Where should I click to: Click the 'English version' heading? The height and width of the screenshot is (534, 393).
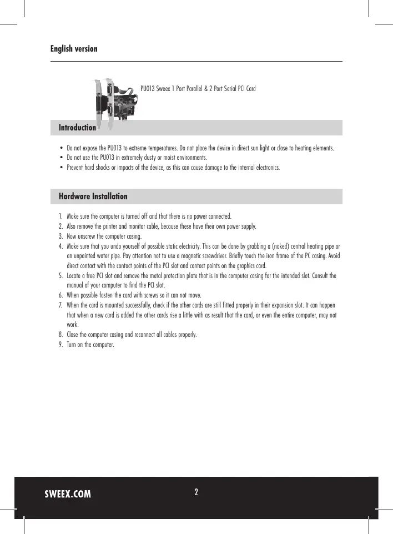[74, 49]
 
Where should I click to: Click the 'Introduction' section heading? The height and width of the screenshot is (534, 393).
[77, 128]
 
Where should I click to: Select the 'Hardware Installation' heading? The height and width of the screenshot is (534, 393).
[93, 197]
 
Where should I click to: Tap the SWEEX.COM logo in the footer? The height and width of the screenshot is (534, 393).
[68, 495]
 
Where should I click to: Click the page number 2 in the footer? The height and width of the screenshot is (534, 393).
[196, 492]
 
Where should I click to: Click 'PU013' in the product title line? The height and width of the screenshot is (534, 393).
[147, 88]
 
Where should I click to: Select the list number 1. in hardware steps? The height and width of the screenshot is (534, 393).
[60, 216]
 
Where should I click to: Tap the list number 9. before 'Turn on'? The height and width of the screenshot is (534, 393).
[60, 345]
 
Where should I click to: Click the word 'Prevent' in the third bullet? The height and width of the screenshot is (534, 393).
[75, 167]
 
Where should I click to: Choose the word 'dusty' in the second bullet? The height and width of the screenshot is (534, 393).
[144, 158]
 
